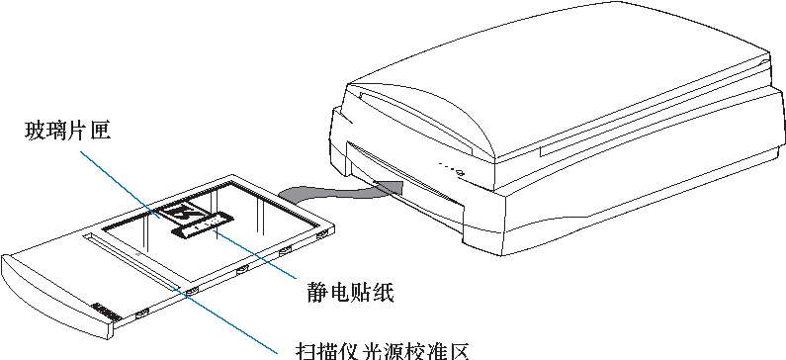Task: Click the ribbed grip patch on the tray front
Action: (x=106, y=313)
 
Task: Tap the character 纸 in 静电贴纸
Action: (x=388, y=293)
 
